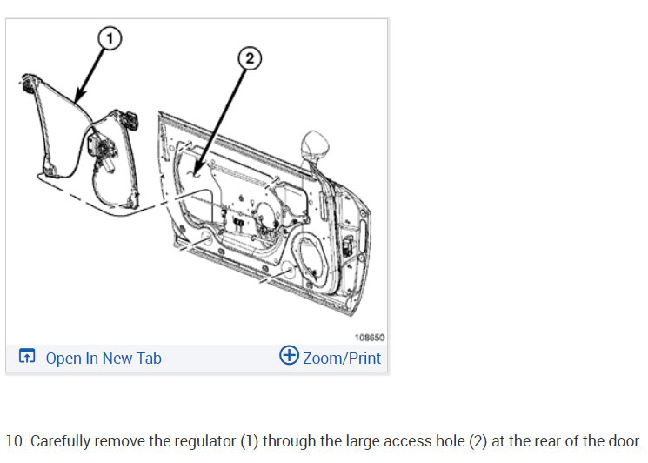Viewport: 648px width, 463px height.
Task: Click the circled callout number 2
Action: pos(249,58)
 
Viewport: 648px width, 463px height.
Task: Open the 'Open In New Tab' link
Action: pos(103,358)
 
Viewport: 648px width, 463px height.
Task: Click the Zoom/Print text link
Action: pos(342,358)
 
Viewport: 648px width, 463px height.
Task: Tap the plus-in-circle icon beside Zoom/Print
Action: pos(289,356)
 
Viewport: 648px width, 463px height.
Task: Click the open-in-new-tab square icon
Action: pos(27,357)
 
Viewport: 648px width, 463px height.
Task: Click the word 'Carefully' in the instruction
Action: pos(60,441)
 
